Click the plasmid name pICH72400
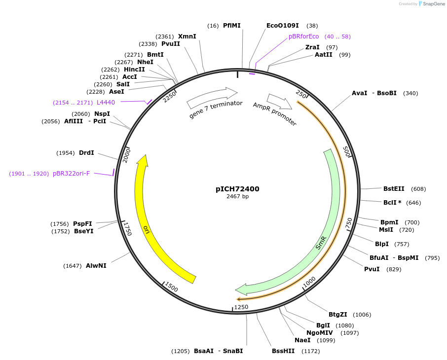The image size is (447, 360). click(237, 189)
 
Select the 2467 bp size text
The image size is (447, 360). click(237, 196)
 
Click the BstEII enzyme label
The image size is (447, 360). click(394, 189)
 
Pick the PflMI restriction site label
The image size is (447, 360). click(231, 25)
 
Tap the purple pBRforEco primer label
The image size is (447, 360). click(303, 36)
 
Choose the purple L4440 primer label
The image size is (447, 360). click(106, 103)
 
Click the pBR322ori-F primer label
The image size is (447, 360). click(72, 174)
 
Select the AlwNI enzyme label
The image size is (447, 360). click(96, 266)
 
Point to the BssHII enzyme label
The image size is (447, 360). click(283, 351)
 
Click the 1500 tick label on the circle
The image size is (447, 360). click(172, 287)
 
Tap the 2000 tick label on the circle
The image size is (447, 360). click(126, 155)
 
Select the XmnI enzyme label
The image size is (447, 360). click(187, 36)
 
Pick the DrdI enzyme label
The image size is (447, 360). click(86, 153)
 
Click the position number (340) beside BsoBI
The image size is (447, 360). click(410, 93)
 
